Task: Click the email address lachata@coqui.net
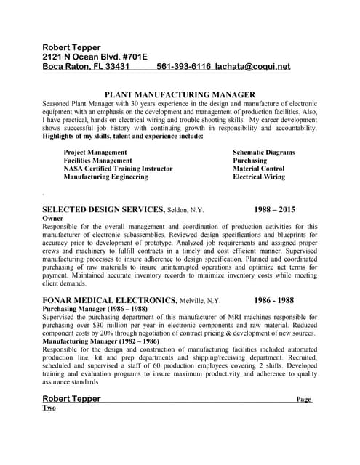point(252,66)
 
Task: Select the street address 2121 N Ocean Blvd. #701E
point(95,56)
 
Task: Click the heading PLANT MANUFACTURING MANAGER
point(180,94)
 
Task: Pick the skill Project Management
point(95,153)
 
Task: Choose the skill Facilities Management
point(97,161)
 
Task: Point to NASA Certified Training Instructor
point(118,169)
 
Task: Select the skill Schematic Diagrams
point(263,153)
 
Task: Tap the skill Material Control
point(258,169)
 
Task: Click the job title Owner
point(53,218)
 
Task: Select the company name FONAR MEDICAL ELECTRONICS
point(110,300)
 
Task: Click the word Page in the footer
point(304,400)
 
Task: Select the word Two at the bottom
point(49,408)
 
